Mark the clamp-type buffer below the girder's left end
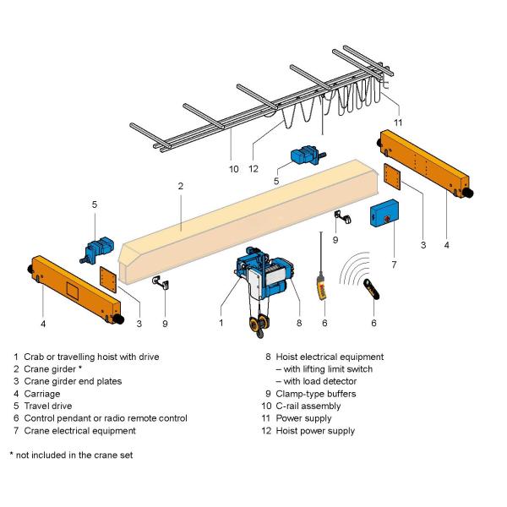(158, 281)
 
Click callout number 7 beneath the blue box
(394, 264)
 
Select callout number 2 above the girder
(180, 185)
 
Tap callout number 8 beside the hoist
(298, 322)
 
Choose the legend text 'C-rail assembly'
(311, 406)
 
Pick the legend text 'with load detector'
(314, 381)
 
